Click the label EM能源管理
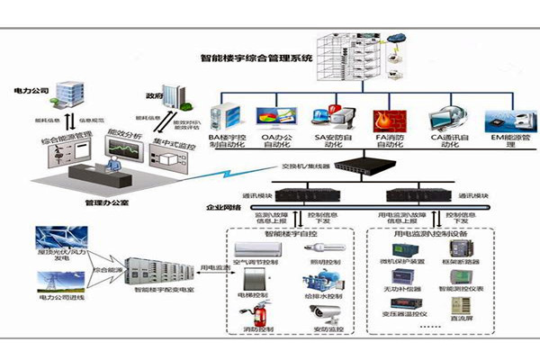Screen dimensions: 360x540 (501, 141)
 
